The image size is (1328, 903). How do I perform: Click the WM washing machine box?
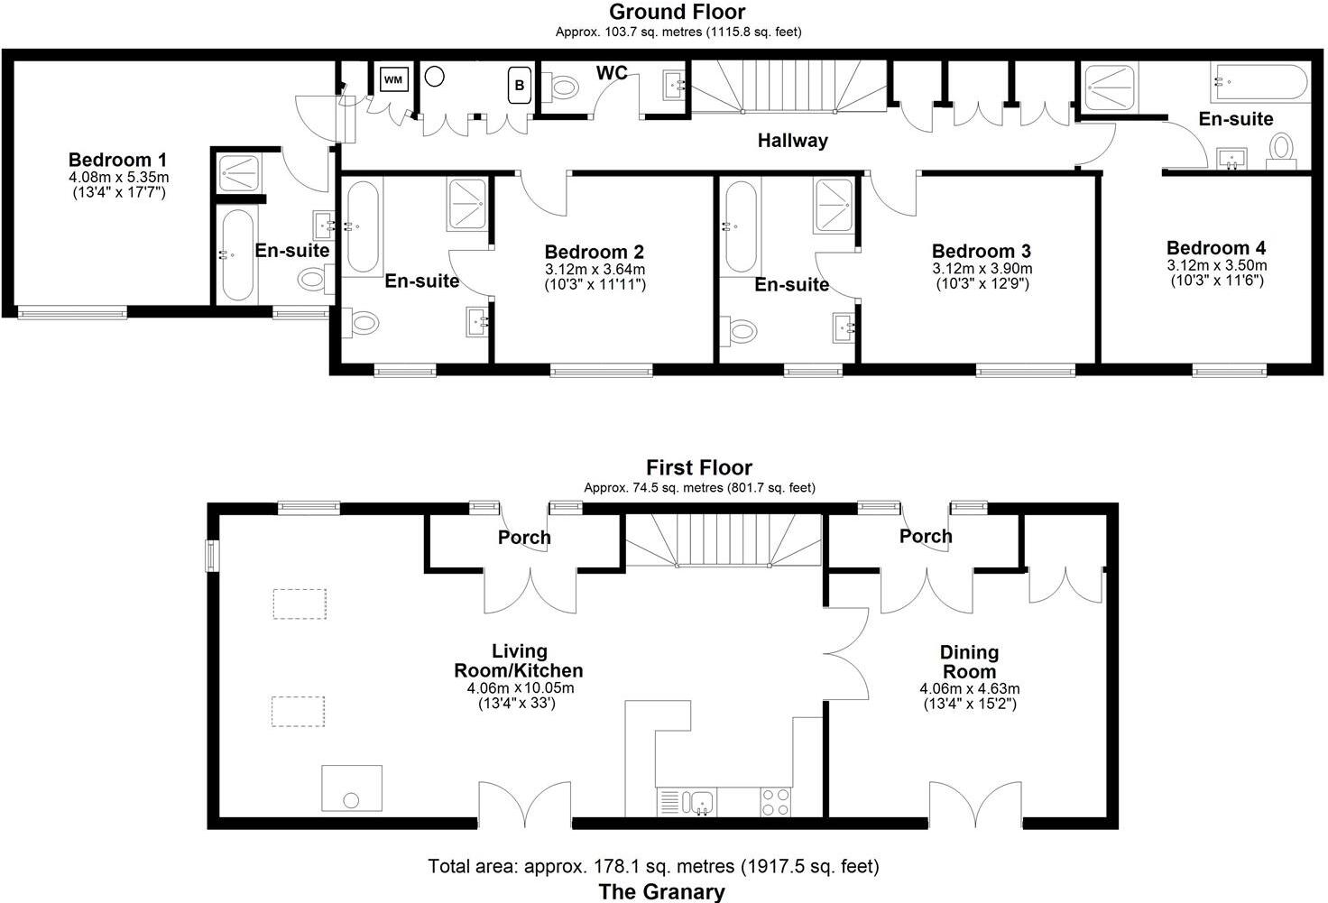coord(393,79)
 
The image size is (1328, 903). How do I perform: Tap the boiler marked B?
coord(519,86)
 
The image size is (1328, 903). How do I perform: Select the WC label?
coord(611,72)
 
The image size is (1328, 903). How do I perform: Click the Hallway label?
coord(792,141)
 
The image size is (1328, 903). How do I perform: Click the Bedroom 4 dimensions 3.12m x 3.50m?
coord(1216,265)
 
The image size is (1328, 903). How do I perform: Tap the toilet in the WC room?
coord(563,88)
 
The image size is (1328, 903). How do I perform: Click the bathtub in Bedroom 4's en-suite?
coord(1259,83)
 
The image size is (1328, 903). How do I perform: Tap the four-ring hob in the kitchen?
coord(775,802)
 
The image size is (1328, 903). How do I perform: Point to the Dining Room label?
coord(969,662)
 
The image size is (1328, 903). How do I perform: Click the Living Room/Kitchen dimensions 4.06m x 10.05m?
coord(521,687)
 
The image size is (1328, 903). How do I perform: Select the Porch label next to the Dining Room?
coord(926,536)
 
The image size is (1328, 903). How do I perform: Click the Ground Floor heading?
coord(678,13)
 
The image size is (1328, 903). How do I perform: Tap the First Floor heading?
coord(698,467)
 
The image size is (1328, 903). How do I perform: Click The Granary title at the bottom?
coord(662,892)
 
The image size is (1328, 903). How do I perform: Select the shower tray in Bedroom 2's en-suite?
coord(467,204)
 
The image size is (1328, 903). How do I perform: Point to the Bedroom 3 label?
coord(982,251)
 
